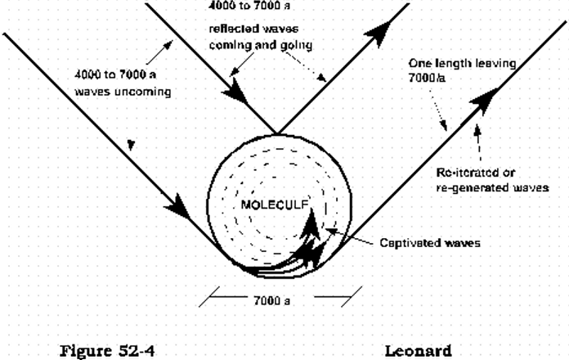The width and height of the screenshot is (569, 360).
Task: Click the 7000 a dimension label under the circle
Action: pyautogui.click(x=272, y=300)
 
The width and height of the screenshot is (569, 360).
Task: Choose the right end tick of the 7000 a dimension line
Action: pyautogui.click(x=353, y=293)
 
